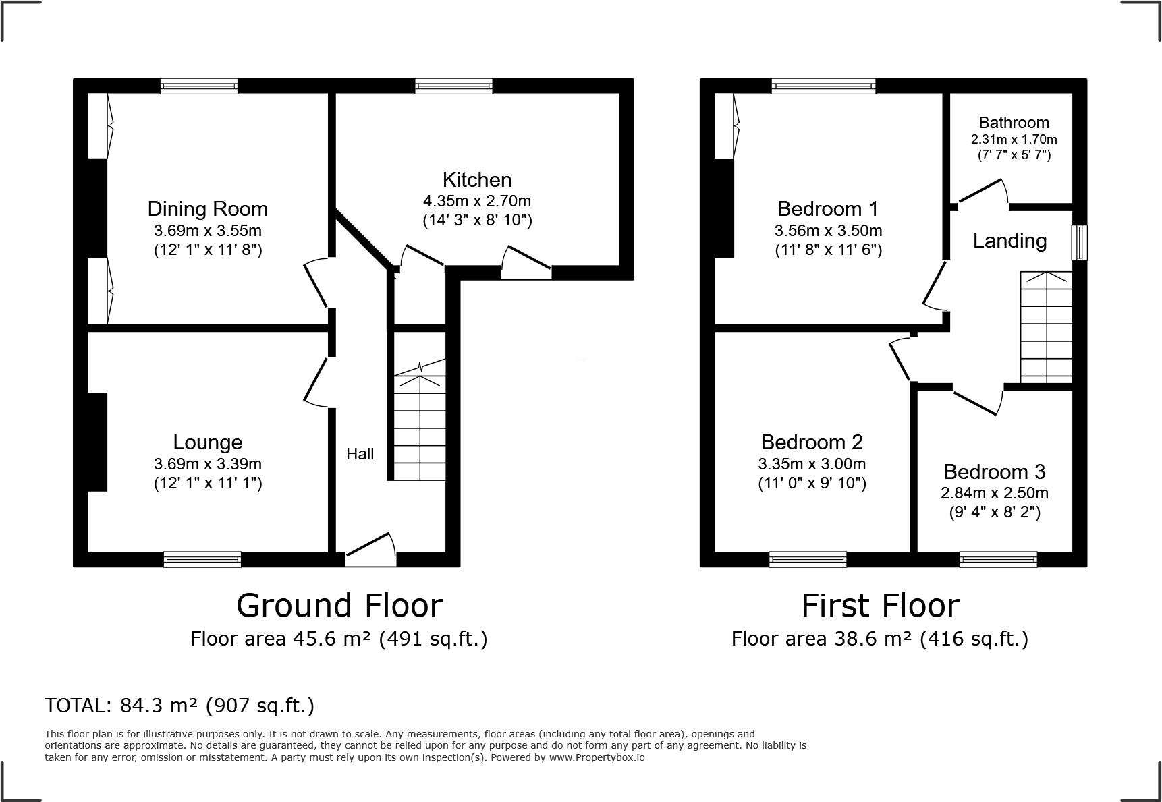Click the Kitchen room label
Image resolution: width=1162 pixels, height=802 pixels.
[476, 179]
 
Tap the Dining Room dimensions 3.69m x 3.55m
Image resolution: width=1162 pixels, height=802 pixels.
[207, 231]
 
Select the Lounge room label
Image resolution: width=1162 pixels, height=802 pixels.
[207, 442]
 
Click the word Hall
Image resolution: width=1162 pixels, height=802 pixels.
[360, 454]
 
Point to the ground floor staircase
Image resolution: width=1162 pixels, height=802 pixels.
[419, 428]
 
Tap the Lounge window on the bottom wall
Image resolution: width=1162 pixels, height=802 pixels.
[202, 559]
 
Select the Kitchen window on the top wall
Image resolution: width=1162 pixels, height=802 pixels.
[453, 86]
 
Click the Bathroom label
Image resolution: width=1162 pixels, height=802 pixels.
[1014, 123]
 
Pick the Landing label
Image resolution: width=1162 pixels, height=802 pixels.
[1009, 241]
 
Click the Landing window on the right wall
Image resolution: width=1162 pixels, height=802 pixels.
[1079, 242]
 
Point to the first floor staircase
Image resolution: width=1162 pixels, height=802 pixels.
[1046, 327]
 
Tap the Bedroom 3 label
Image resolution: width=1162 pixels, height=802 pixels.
[994, 471]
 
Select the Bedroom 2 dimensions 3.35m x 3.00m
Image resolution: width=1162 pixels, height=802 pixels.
[812, 464]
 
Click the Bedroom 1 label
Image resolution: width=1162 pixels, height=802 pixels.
[828, 208]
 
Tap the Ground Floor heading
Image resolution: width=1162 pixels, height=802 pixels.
[339, 605]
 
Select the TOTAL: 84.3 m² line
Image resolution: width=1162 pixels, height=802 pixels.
[179, 706]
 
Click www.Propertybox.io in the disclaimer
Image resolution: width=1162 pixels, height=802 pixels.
[596, 757]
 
